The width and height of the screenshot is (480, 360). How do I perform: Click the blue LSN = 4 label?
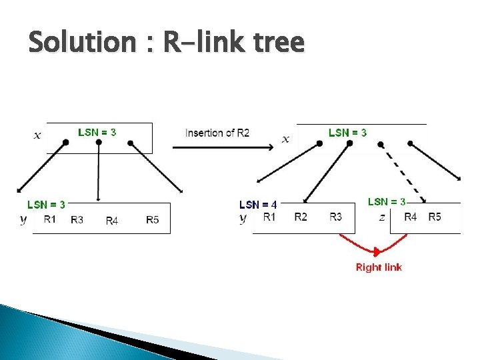coord(258,205)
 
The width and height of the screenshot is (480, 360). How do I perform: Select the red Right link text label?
coord(379,267)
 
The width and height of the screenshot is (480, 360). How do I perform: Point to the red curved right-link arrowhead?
coord(378,251)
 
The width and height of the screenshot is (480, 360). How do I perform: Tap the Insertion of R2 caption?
coord(217,132)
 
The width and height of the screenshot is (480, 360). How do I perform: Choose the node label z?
coord(382,217)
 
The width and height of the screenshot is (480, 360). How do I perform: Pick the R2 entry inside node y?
coord(301,217)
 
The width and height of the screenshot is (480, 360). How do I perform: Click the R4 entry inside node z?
coord(411,217)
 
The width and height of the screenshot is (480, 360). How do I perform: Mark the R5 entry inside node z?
coord(435,217)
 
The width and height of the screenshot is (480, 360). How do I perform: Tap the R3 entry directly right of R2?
coord(336,217)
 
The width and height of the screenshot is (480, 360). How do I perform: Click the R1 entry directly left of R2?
coord(269,217)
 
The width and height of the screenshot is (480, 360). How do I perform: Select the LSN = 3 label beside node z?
coord(387,201)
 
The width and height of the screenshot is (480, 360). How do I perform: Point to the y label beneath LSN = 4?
coord(243,218)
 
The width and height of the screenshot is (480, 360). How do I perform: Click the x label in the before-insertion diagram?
coord(37,135)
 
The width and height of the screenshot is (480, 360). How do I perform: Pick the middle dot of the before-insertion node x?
coord(99,142)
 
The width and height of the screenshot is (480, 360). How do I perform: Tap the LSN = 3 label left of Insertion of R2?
coord(97,131)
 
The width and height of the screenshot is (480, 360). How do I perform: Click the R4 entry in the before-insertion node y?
coord(112,221)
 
